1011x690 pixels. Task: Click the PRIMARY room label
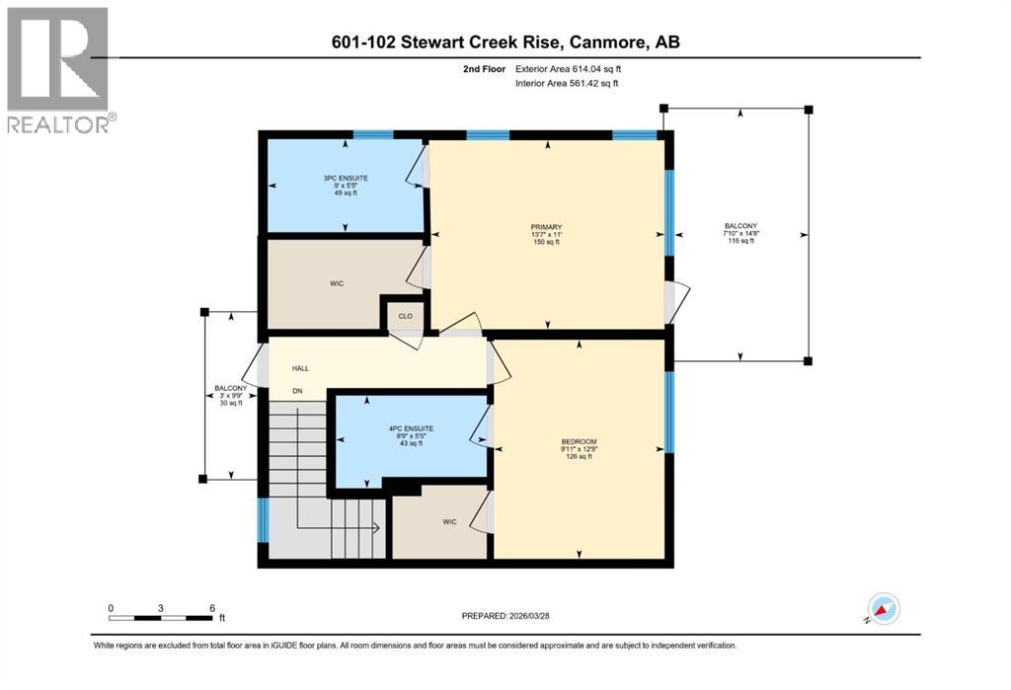[546, 227]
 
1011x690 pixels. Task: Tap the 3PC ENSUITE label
[345, 179]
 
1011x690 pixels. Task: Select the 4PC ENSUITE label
[411, 428]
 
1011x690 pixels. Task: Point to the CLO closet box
[405, 317]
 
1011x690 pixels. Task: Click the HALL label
[300, 368]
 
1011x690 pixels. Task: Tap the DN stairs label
[296, 392]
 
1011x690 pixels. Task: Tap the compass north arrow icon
[883, 608]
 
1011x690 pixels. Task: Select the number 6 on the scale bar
[211, 607]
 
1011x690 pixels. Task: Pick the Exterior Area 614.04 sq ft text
[569, 69]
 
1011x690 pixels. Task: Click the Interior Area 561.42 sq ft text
[567, 84]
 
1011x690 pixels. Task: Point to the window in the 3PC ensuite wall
[373, 134]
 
